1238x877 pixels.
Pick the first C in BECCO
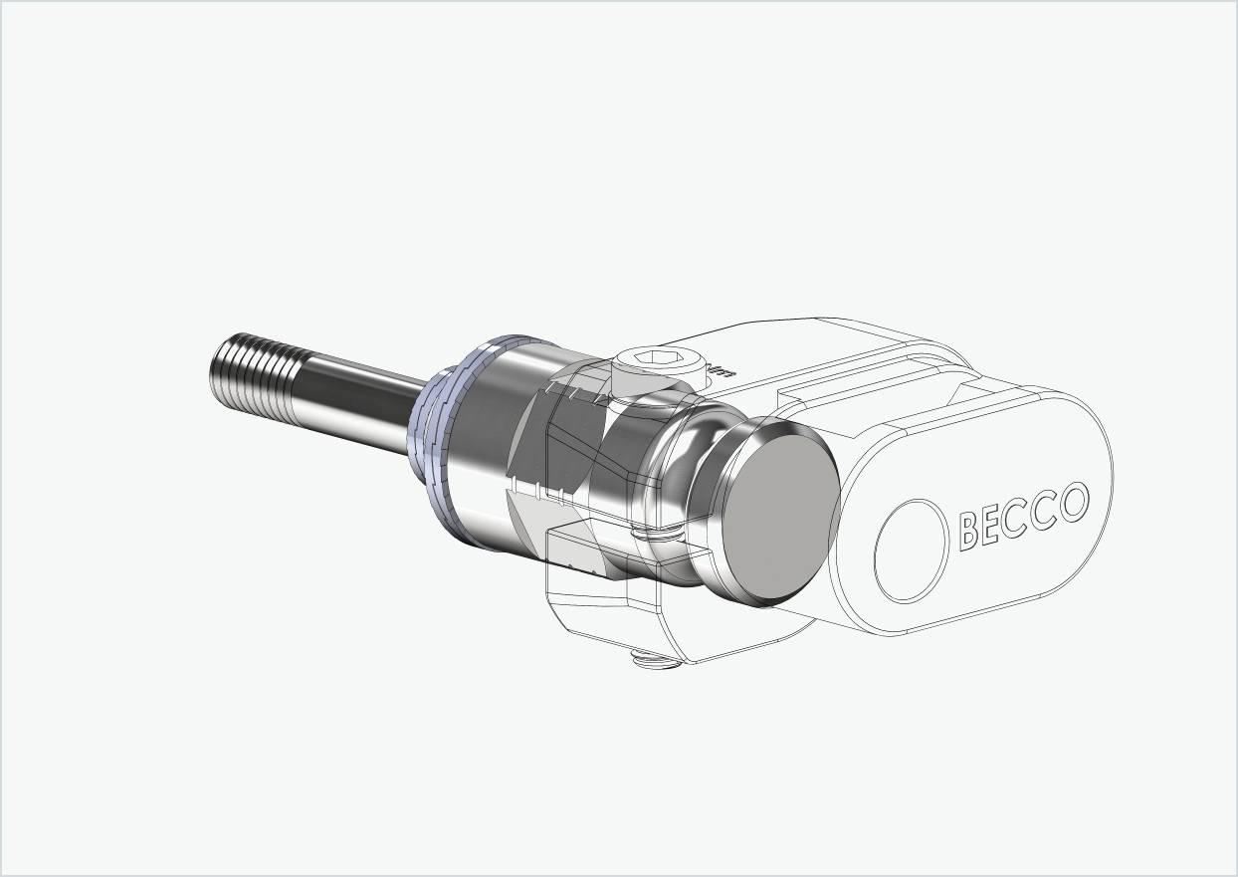pos(1019,517)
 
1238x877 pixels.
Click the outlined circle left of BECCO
pos(910,550)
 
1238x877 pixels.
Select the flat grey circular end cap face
pos(779,513)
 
